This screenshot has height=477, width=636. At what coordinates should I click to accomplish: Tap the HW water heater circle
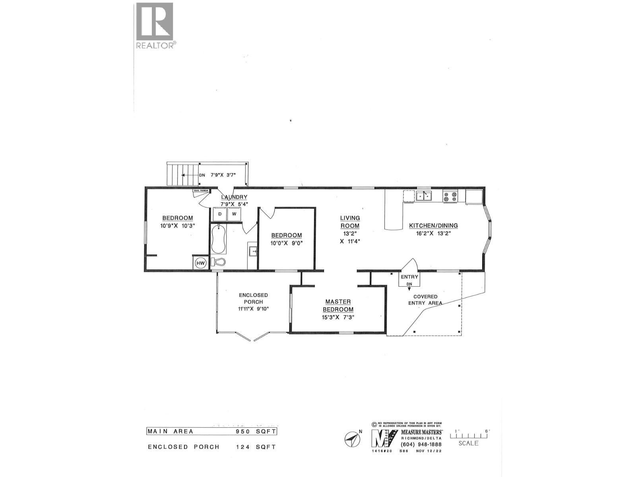pyautogui.click(x=201, y=263)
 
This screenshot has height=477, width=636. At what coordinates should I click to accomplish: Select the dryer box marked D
pyautogui.click(x=220, y=214)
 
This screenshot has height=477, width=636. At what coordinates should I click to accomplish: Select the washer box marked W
pyautogui.click(x=234, y=214)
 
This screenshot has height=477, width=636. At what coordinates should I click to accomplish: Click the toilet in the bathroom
pyautogui.click(x=218, y=262)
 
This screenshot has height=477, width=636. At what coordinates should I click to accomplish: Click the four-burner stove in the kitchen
pyautogui.click(x=450, y=196)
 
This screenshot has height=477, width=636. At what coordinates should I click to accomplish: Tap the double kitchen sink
pyautogui.click(x=424, y=196)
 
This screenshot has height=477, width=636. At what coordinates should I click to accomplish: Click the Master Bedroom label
pyautogui.click(x=338, y=306)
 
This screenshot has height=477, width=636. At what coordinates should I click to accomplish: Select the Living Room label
pyautogui.click(x=350, y=222)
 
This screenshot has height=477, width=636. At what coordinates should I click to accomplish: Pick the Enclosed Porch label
pyautogui.click(x=253, y=299)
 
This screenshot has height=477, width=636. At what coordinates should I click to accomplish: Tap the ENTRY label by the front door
pyautogui.click(x=409, y=277)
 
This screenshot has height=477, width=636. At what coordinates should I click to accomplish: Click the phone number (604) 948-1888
pyautogui.click(x=416, y=444)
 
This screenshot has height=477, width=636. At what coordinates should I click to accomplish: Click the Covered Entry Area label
pyautogui.click(x=426, y=300)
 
